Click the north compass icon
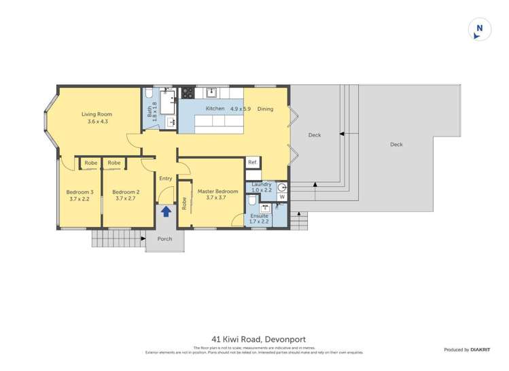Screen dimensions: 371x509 (479, 29)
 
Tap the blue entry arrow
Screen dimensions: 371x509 (165, 212)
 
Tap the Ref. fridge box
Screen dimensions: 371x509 (251, 162)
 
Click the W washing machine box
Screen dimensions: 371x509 (282, 197)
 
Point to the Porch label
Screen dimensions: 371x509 (164, 239)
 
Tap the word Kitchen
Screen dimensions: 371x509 (215, 109)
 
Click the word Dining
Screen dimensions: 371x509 (265, 109)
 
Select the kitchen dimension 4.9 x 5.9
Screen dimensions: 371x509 (240, 109)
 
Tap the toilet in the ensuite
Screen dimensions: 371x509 (251, 202)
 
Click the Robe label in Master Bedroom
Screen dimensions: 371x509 (184, 202)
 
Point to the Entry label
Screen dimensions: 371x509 (165, 179)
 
